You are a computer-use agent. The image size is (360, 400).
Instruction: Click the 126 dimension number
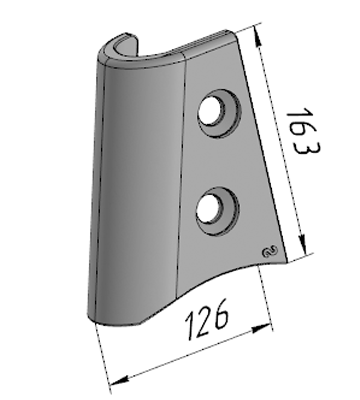(207, 320)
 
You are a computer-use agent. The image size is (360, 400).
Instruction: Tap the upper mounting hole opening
(210, 110)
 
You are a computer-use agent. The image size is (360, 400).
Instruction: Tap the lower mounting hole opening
(209, 208)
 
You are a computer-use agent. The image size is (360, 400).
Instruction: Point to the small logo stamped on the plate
(270, 252)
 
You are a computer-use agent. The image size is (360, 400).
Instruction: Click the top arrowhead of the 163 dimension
(257, 36)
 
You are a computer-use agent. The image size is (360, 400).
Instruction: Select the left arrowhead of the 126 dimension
(119, 380)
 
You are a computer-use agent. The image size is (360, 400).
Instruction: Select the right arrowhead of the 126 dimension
(261, 328)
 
